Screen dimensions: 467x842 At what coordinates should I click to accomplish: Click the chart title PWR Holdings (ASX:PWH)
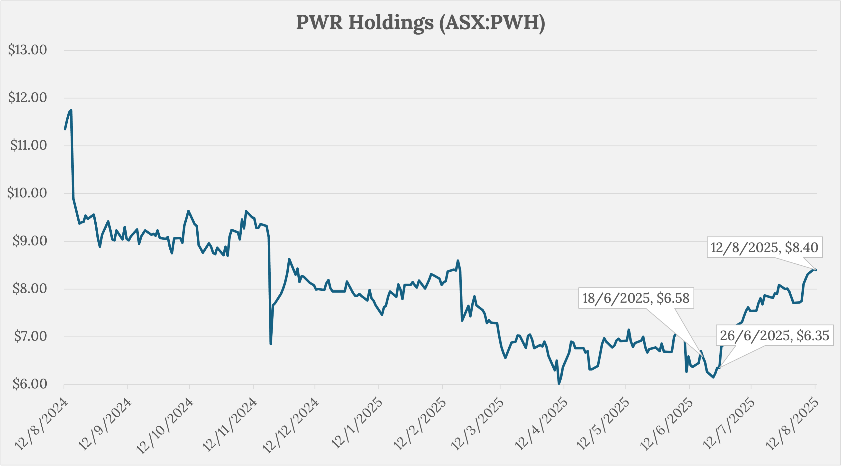421,23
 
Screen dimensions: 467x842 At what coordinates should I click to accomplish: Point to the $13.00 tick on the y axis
27,50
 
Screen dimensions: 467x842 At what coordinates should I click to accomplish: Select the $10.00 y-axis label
27,193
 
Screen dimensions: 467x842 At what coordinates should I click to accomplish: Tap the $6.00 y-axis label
30,384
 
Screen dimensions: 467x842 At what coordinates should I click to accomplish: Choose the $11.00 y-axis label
28,145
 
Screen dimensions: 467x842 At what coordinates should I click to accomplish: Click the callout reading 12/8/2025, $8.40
764,248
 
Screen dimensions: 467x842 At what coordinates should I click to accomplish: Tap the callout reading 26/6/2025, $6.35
774,336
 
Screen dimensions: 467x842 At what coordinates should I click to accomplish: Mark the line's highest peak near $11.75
71,110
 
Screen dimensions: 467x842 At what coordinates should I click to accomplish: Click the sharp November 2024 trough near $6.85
271,344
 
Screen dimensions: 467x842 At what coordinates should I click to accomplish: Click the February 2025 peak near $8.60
458,260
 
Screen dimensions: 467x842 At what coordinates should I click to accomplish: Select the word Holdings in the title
391,23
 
